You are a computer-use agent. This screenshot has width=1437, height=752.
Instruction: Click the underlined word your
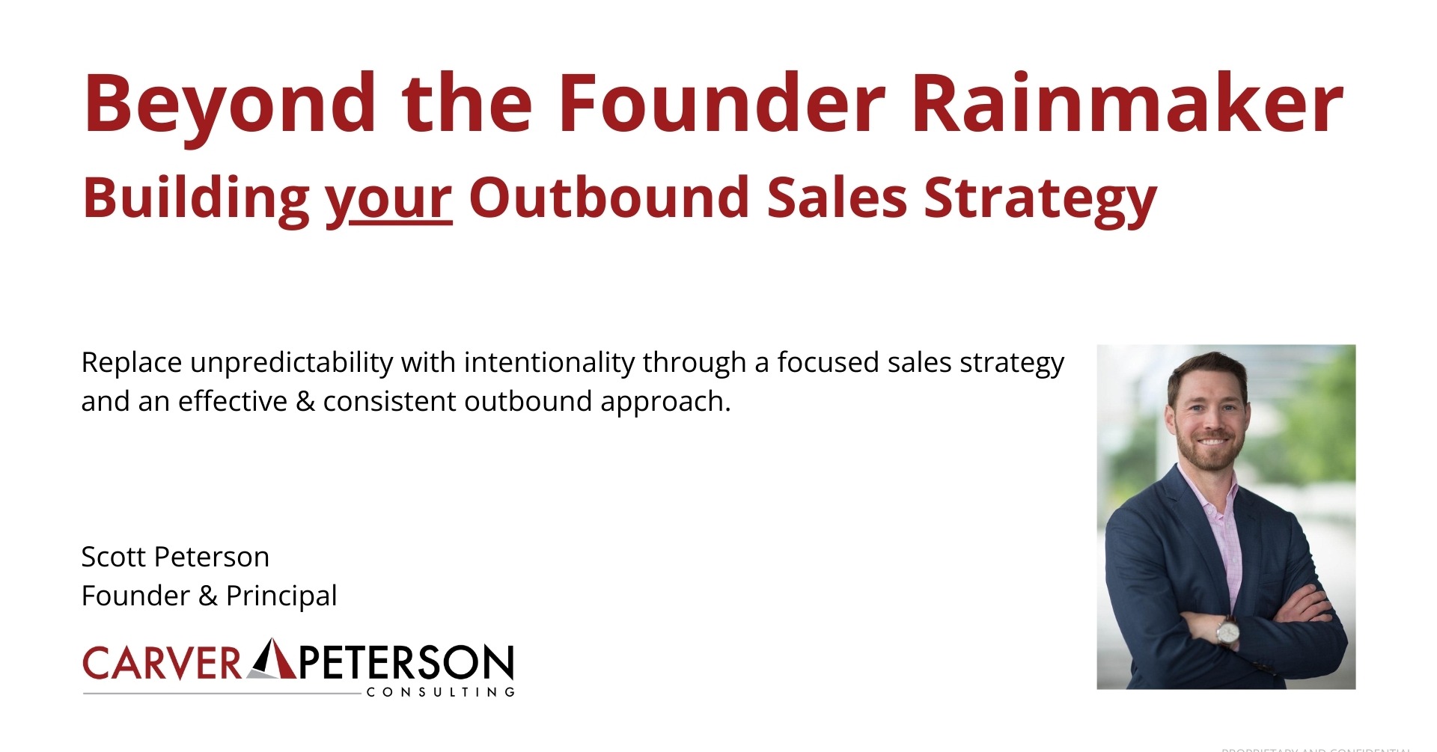click(x=388, y=199)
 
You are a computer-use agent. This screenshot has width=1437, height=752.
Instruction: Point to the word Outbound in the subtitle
click(x=608, y=198)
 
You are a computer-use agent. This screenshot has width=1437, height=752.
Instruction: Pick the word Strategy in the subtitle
click(x=1040, y=199)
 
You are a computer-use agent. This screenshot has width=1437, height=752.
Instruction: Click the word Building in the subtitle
click(x=196, y=199)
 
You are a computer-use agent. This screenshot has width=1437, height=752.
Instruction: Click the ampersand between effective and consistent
click(x=305, y=402)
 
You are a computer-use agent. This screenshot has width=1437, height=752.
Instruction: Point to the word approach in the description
click(x=664, y=403)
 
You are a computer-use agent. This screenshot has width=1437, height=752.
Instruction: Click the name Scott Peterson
click(x=175, y=557)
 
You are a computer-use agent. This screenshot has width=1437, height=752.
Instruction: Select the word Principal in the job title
click(x=281, y=596)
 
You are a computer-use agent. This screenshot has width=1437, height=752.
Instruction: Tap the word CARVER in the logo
click(x=162, y=662)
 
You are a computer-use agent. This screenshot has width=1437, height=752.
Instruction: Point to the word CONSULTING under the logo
click(x=440, y=692)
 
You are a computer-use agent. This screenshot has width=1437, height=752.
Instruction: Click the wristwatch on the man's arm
click(x=1227, y=632)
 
